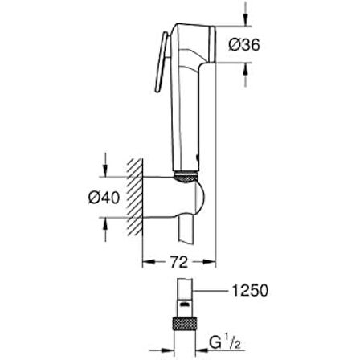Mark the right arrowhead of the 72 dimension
tap(211, 261)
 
